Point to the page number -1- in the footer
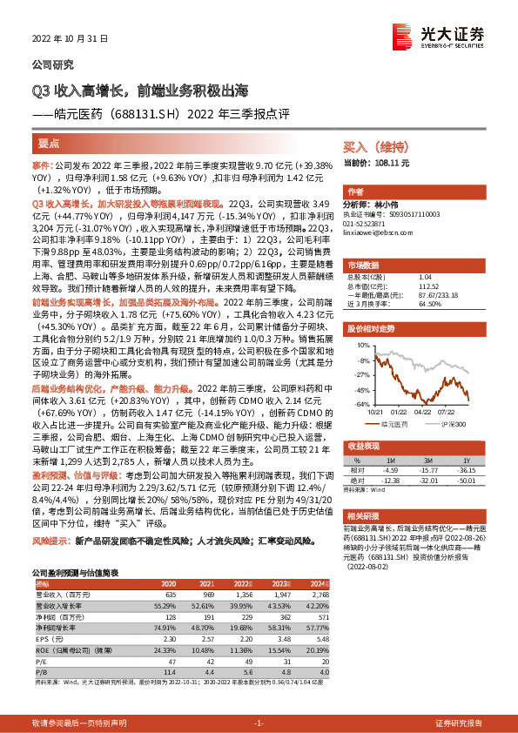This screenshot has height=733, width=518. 259,723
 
